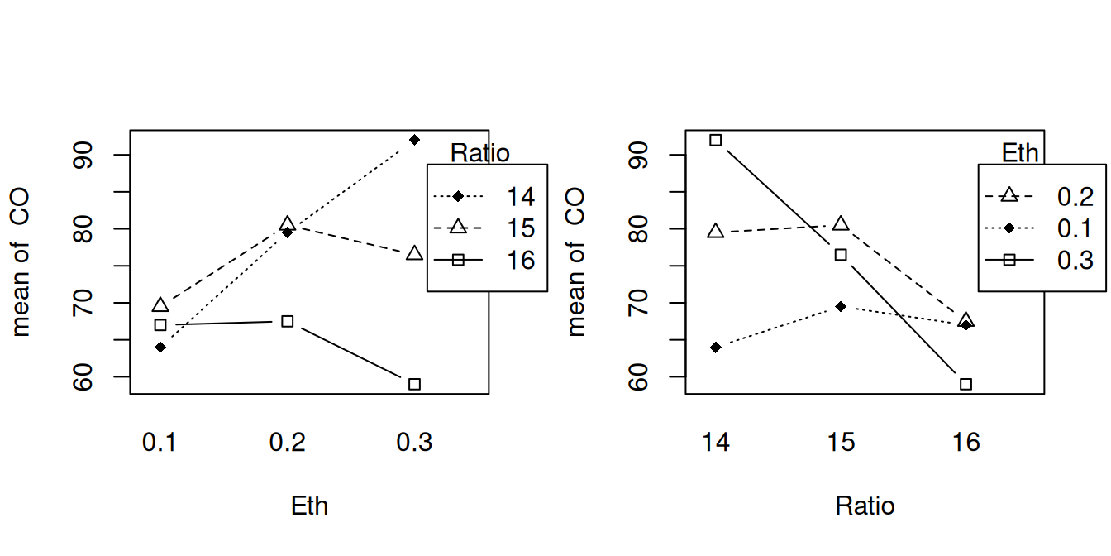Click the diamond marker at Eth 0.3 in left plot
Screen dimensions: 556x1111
pyautogui.click(x=414, y=139)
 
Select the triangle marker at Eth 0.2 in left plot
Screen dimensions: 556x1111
pyautogui.click(x=287, y=223)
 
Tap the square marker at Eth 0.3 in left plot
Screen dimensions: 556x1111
pyautogui.click(x=414, y=384)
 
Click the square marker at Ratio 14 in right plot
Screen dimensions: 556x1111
pyautogui.click(x=716, y=140)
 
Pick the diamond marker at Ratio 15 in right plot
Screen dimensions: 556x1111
pyautogui.click(x=841, y=306)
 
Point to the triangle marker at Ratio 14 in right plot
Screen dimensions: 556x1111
pyautogui.click(x=716, y=232)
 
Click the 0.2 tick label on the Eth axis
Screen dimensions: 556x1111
pyautogui.click(x=287, y=443)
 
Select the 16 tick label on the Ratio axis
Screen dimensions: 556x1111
pyautogui.click(x=966, y=443)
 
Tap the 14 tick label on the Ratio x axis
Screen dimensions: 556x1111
pyautogui.click(x=716, y=443)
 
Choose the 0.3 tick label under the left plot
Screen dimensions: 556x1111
pyautogui.click(x=414, y=443)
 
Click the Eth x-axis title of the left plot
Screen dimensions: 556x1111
pyautogui.click(x=309, y=506)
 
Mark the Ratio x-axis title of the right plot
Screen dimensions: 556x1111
pyautogui.click(x=865, y=506)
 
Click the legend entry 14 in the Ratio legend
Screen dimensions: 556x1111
pyautogui.click(x=522, y=197)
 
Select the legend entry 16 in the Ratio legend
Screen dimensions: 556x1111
pyautogui.click(x=522, y=260)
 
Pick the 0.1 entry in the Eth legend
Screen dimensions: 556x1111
pyautogui.click(x=1075, y=228)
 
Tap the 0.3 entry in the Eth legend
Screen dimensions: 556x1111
pyautogui.click(x=1075, y=260)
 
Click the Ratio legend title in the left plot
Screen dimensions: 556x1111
pyautogui.click(x=479, y=153)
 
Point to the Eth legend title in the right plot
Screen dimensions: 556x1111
pyautogui.click(x=1020, y=153)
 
